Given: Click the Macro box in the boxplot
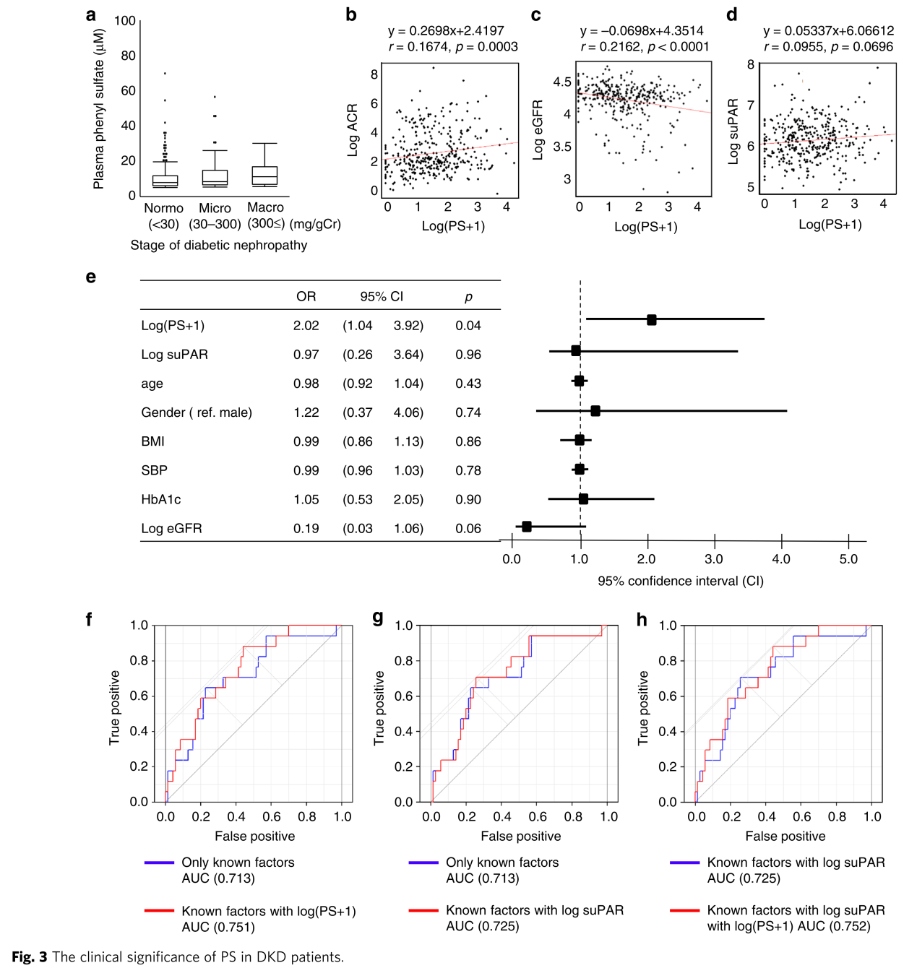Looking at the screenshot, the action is tap(264, 176).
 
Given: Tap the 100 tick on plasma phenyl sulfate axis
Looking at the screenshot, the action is tap(125, 21).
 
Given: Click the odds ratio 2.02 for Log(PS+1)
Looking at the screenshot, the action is tap(306, 326).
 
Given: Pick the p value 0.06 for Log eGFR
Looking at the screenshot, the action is tap(468, 528).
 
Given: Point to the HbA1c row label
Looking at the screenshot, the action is tap(161, 499).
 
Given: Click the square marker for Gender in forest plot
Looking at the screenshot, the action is tap(595, 410).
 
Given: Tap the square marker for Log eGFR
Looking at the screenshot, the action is tap(527, 527).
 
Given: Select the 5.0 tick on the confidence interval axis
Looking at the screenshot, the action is tap(848, 559).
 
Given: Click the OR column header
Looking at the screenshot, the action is tap(306, 296).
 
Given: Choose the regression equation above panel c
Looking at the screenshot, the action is tap(642, 30).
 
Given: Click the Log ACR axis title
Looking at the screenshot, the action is tap(352, 130).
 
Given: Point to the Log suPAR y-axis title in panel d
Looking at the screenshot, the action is tap(733, 131).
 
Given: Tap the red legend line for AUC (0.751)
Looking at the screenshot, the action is tap(159, 910).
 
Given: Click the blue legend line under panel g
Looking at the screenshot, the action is tap(423, 862).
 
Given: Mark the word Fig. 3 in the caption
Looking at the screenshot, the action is tap(30, 956).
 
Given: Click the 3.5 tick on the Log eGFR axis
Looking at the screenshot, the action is tap(562, 147).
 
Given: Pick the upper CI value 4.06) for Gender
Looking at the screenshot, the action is tap(408, 412).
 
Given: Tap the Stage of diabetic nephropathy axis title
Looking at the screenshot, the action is tap(219, 245).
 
